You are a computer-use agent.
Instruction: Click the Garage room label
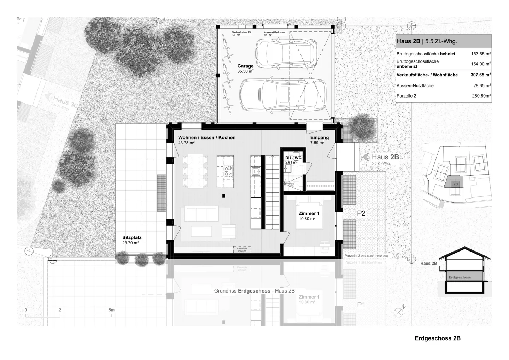coord(245,66)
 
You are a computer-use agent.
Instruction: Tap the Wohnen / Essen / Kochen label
coord(206,138)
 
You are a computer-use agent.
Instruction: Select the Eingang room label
coord(319,138)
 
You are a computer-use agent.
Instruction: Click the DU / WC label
coord(293,158)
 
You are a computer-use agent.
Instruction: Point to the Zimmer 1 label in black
coord(309,214)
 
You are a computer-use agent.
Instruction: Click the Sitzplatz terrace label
coord(132,238)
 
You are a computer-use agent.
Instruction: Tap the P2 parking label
coord(361,213)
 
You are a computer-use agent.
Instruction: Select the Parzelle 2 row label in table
coord(406,96)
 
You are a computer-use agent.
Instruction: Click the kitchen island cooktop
coord(228,171)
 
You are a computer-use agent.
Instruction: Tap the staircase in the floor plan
coord(272,193)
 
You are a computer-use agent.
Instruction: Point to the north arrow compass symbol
coord(399,312)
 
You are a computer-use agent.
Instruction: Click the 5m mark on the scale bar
coord(111,310)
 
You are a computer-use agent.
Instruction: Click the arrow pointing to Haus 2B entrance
coord(365,157)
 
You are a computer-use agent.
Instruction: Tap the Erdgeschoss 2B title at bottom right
coord(437,338)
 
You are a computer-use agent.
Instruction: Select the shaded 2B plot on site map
coord(455,184)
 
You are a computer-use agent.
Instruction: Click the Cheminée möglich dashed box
coord(242,249)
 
